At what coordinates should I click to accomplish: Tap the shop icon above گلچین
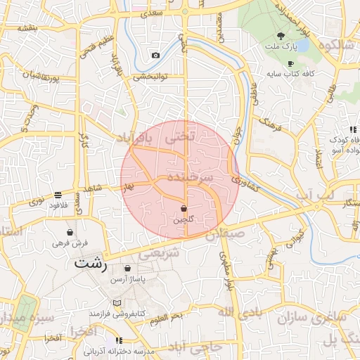[x=184, y=209]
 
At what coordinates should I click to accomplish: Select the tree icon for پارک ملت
[x=281, y=37]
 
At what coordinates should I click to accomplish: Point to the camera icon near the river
[x=155, y=56]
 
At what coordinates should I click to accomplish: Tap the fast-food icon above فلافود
[x=58, y=195]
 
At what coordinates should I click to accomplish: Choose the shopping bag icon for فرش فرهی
[x=70, y=232]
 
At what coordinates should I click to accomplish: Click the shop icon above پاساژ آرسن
[x=127, y=268]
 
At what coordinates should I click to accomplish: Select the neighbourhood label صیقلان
[x=225, y=232]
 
